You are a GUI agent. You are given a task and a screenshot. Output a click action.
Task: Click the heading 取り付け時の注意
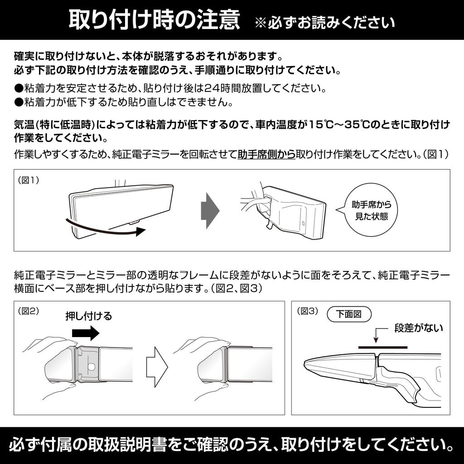click(154, 20)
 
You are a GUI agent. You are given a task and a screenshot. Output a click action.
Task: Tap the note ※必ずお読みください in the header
click(324, 23)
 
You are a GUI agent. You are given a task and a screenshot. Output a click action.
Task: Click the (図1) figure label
click(29, 180)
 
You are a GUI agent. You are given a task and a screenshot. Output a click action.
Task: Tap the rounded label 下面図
click(348, 314)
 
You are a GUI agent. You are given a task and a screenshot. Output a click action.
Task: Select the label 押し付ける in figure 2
click(89, 316)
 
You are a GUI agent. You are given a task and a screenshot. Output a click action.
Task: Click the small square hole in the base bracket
click(91, 366)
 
